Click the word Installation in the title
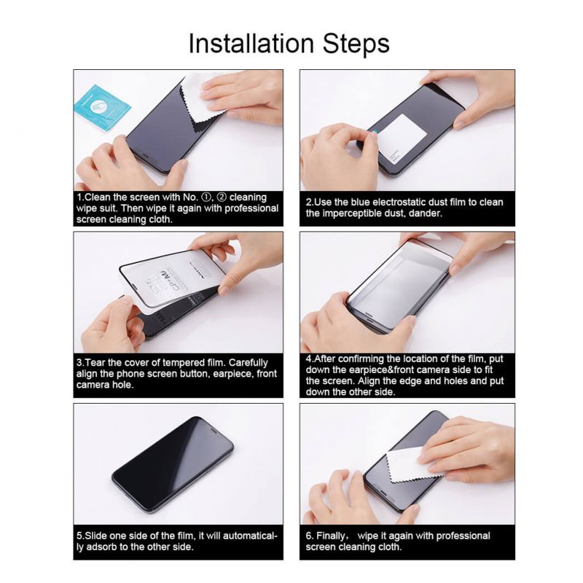[251, 44]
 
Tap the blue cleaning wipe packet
[102, 106]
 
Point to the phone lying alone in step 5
[173, 466]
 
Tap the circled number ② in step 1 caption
[222, 197]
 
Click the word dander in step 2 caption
[427, 214]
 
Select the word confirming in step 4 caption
[361, 359]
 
